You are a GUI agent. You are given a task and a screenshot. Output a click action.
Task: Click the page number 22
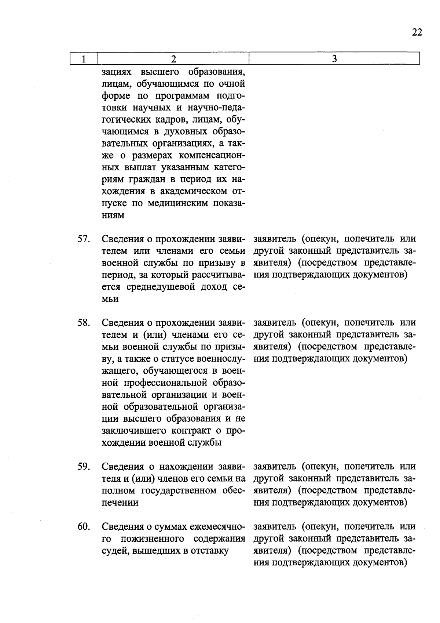[417, 32]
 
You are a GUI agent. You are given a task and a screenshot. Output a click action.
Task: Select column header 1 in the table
[84, 59]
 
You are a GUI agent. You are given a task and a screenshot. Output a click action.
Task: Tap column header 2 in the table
[173, 59]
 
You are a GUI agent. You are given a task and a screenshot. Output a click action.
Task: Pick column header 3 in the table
[334, 59]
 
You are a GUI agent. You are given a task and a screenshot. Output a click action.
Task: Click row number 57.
[84, 239]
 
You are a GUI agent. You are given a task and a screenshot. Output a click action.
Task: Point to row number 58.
[84, 323]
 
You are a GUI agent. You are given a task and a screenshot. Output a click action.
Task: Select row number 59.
[84, 467]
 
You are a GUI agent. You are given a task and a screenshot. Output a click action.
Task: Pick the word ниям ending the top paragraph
[113, 215]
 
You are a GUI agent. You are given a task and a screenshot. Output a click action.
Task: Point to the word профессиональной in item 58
[165, 383]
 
